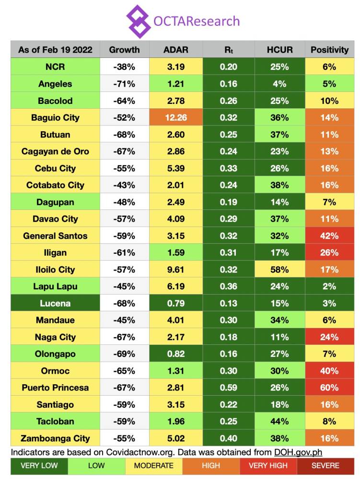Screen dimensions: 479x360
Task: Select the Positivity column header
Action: point(329,50)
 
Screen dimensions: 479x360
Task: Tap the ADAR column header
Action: point(176,50)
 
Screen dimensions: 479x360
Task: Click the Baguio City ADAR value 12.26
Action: point(176,118)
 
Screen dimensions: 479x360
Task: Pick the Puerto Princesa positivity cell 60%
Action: point(329,388)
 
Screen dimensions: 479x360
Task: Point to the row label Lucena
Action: point(55,303)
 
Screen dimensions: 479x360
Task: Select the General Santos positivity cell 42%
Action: point(329,236)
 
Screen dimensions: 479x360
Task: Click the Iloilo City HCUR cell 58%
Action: point(279,269)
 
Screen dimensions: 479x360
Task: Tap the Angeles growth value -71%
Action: point(124,84)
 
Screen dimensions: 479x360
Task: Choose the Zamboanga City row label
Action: point(55,438)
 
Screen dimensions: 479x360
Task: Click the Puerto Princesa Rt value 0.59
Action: point(228,388)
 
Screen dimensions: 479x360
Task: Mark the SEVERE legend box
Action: point(325,466)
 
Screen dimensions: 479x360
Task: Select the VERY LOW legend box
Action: point(39,466)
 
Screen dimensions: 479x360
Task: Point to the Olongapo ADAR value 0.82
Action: point(176,354)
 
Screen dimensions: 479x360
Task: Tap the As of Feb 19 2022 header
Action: point(55,50)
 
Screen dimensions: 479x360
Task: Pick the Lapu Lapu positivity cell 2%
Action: point(329,286)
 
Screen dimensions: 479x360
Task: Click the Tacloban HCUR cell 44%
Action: point(279,421)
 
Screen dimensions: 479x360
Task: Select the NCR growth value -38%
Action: point(124,67)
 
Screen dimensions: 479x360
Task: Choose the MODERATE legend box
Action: point(153,466)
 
